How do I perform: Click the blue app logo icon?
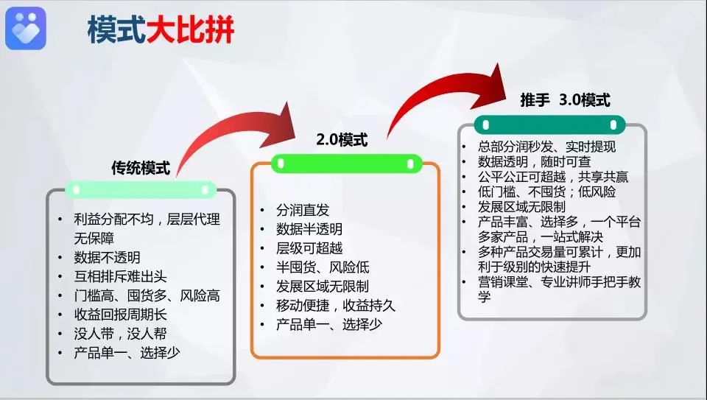click(x=26, y=28)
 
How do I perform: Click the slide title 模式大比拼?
click(x=161, y=30)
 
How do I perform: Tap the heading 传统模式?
click(x=141, y=168)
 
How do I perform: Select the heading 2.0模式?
click(x=342, y=140)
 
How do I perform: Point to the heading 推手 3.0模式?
click(x=566, y=100)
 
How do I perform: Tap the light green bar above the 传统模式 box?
click(x=141, y=190)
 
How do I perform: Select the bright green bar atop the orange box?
click(x=346, y=164)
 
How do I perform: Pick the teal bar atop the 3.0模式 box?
click(x=549, y=125)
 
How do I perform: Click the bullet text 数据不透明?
click(x=107, y=258)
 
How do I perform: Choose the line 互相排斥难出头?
click(x=120, y=276)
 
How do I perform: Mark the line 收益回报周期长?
click(x=120, y=315)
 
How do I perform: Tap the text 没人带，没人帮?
click(x=120, y=334)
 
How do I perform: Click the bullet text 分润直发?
click(x=303, y=210)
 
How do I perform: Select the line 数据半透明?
click(x=309, y=229)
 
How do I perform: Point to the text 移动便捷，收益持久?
click(x=336, y=306)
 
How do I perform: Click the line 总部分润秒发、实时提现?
click(x=547, y=147)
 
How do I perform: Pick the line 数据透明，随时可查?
click(x=535, y=161)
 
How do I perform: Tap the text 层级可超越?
click(x=309, y=248)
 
